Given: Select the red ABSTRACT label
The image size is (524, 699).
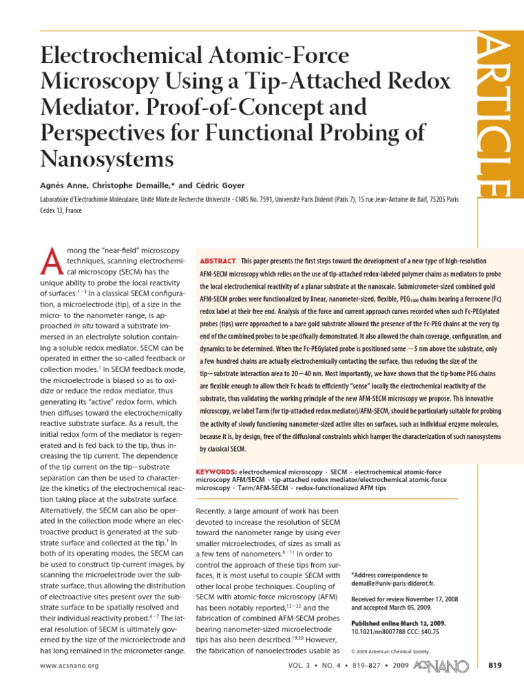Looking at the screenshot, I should click(218, 261).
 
